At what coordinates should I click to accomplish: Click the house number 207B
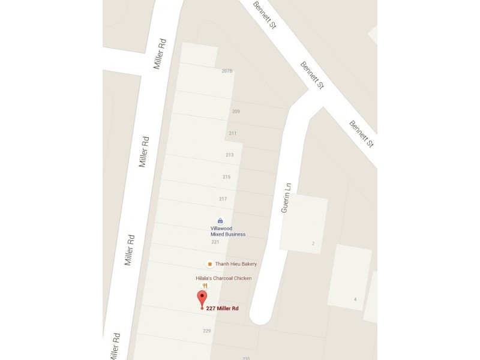[x=227, y=71]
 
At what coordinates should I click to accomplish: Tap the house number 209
[x=236, y=112]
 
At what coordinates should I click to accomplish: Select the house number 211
[x=233, y=133]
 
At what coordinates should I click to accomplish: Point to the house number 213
[x=230, y=155]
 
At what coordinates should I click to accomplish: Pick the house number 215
[x=226, y=177]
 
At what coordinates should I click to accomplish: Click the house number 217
[x=223, y=199]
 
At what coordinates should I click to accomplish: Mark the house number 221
[x=215, y=242]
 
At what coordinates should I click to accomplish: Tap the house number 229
[x=207, y=331]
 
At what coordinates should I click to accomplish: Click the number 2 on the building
[x=313, y=243]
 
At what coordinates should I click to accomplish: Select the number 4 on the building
[x=355, y=299]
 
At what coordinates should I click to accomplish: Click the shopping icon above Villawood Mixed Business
[x=220, y=220]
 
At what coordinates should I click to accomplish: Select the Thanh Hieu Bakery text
[x=236, y=264]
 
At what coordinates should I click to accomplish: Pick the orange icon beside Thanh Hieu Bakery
[x=209, y=264]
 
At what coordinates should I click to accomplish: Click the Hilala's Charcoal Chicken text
[x=224, y=278]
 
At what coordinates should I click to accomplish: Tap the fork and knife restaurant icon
[x=205, y=286]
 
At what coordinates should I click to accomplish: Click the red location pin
[x=202, y=298]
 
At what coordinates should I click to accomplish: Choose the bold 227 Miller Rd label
[x=223, y=308]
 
